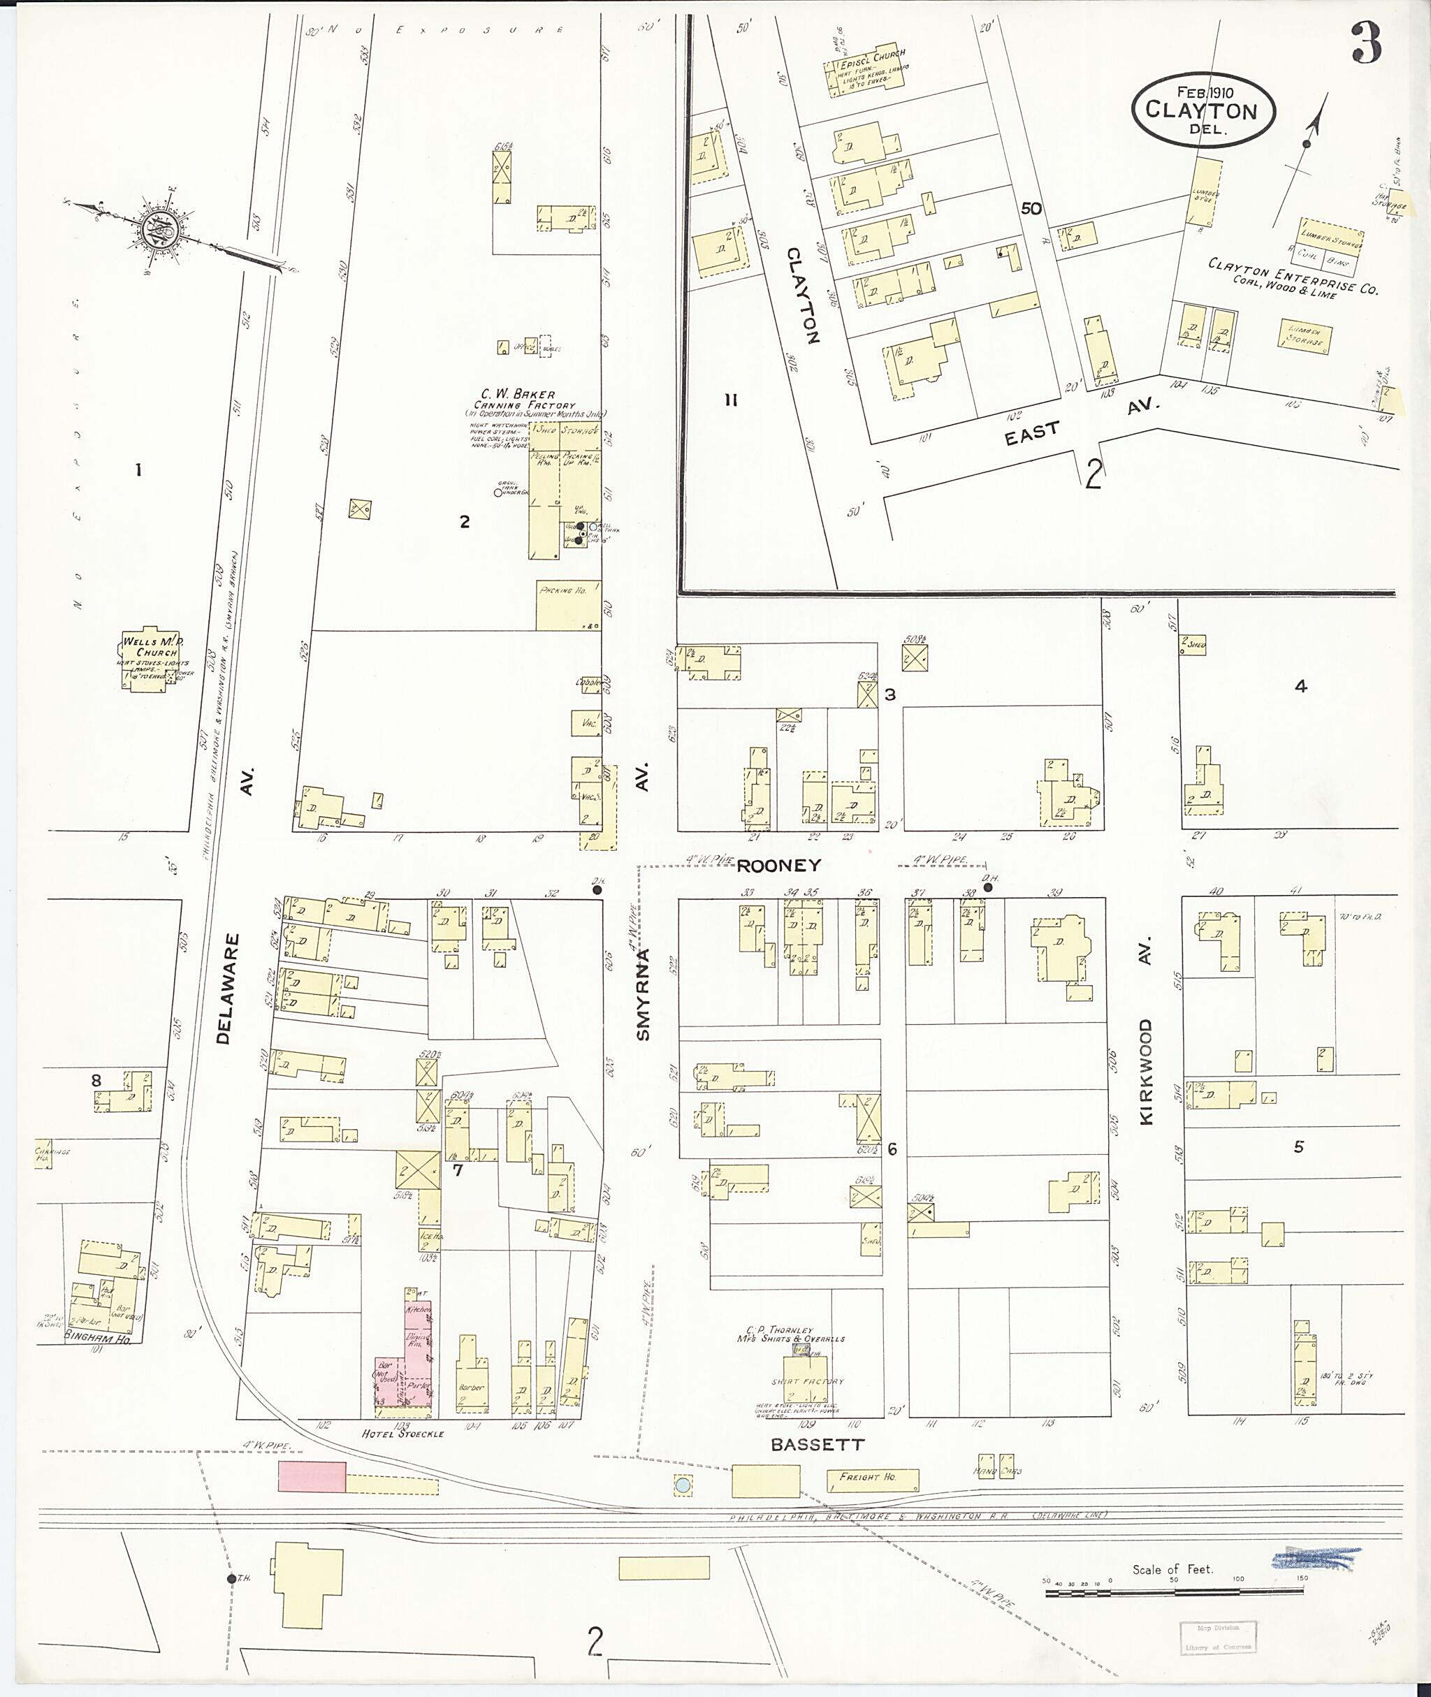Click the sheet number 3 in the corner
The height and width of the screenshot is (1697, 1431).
(x=1367, y=45)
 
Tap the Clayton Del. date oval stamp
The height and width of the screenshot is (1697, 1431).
(x=1204, y=111)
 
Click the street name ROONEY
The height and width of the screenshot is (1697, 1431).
(x=779, y=865)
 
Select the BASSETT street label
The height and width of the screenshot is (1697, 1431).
(x=817, y=1444)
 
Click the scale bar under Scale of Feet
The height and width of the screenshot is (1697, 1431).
(x=1175, y=1593)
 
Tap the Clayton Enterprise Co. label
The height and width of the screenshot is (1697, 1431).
(x=1291, y=277)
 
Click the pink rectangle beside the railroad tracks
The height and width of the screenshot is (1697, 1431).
(x=312, y=1476)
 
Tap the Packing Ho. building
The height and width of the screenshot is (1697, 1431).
(x=568, y=604)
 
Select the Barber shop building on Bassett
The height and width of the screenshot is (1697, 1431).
(x=472, y=1383)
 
